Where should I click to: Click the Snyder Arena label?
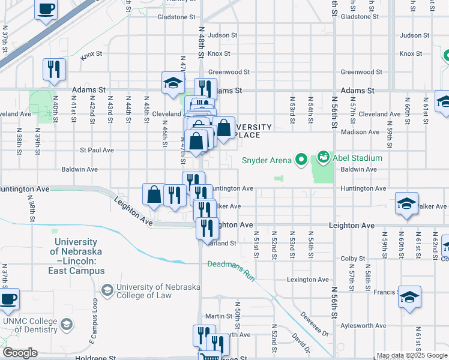coord(267,160)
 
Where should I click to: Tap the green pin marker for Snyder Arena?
coord(302,160)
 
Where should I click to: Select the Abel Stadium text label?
coord(358,158)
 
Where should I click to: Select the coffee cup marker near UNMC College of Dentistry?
coord(8,299)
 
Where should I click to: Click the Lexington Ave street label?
coord(309,280)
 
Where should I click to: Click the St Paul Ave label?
coord(97,150)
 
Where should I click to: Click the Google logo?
coord(20,353)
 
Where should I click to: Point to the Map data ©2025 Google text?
coord(412,355)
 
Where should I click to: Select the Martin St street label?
coord(218,316)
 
